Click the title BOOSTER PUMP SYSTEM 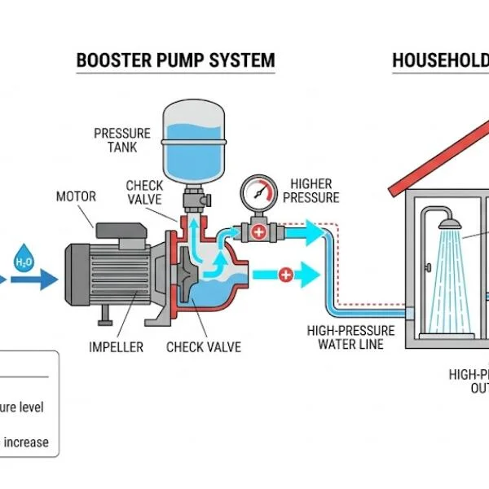[175, 60]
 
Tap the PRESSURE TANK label [121, 140]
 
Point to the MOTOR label [76, 196]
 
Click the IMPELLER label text [116, 347]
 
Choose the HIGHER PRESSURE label [315, 191]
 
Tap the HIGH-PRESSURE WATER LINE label [350, 337]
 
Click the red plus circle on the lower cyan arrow [285, 275]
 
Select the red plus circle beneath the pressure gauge [259, 232]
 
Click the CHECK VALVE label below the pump [204, 347]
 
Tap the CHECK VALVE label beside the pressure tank [144, 192]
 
